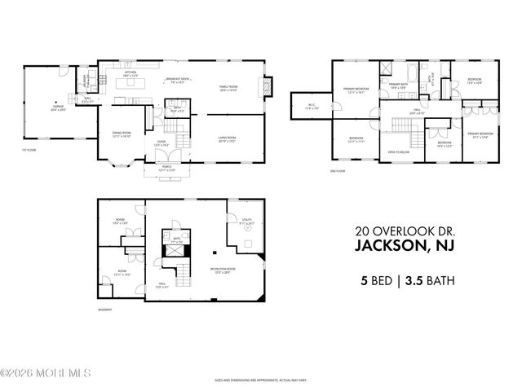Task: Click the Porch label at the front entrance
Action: pos(166,169)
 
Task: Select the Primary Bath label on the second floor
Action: pos(398,86)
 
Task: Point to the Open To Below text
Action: pos(398,152)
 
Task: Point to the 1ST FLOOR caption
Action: pos(30,149)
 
